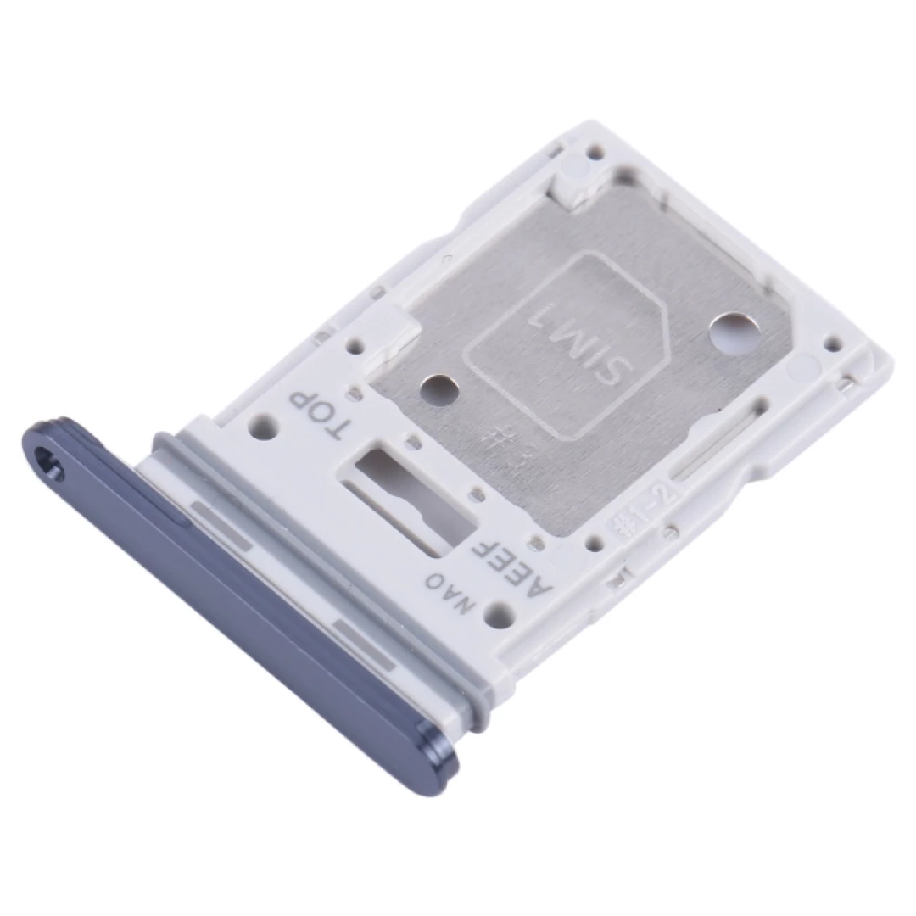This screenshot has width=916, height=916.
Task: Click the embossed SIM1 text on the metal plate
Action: point(564,347)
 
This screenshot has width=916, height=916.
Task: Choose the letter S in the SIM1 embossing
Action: point(599,379)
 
